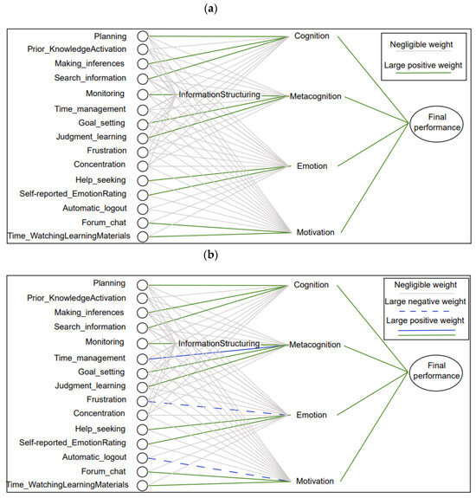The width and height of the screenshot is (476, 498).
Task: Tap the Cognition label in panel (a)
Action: pyautogui.click(x=312, y=36)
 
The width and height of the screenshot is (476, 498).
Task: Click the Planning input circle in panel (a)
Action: pyautogui.click(x=143, y=36)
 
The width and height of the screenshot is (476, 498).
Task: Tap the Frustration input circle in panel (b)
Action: pyautogui.click(x=143, y=400)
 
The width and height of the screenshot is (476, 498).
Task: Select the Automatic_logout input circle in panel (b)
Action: pyautogui.click(x=143, y=456)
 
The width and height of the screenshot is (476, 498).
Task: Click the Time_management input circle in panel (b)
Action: pyautogui.click(x=143, y=358)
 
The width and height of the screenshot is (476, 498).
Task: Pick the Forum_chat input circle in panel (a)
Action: pyautogui.click(x=143, y=222)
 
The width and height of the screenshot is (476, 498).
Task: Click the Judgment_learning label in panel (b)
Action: pyautogui.click(x=91, y=386)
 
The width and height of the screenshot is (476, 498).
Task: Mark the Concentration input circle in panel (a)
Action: pyautogui.click(x=143, y=165)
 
